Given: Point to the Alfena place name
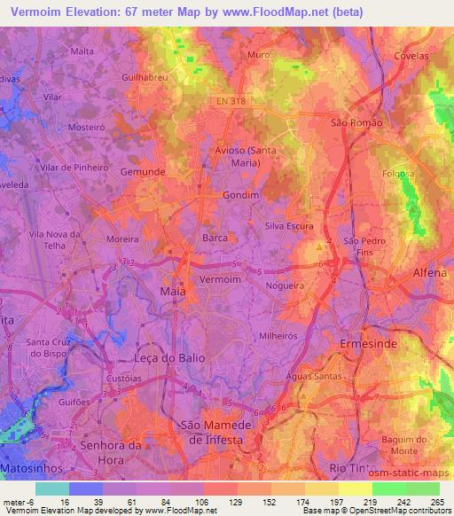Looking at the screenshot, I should (x=430, y=274).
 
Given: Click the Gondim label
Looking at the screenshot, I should (x=241, y=195).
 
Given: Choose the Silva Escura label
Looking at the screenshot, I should (x=289, y=226).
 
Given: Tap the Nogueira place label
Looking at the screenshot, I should (x=284, y=285).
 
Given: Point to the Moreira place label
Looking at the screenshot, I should (x=122, y=239).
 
